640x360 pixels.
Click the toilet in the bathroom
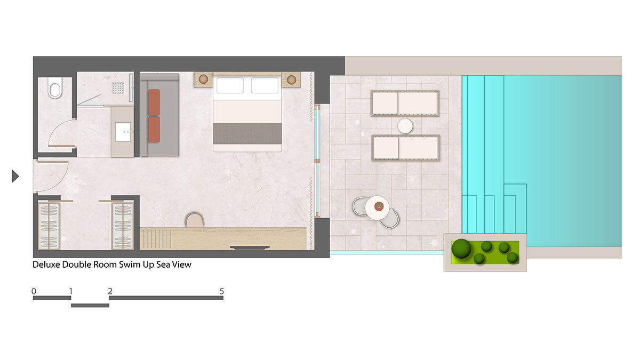pos(55,87)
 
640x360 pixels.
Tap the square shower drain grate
pos(118,87)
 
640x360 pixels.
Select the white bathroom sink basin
pos(123,132)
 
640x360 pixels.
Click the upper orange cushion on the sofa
pos(154,102)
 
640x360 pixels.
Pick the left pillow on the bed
pos(230,85)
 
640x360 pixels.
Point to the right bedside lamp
pos(291,79)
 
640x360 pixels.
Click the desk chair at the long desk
pos(195,220)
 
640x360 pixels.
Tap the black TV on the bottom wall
pos(250,247)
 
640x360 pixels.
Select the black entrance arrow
pos(15,176)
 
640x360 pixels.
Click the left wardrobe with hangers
pos(49,226)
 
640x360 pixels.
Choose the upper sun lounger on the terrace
pos(405,103)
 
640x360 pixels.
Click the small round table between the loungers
pos(405,126)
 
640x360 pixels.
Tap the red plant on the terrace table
pos(379,206)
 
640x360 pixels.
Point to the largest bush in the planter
pos(461,249)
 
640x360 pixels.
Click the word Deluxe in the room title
pos(46,265)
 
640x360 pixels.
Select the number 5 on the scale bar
pos(222,291)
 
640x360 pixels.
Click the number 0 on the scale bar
pos(34,291)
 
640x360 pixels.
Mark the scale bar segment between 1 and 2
pos(90,306)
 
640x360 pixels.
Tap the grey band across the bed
pos(247,134)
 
